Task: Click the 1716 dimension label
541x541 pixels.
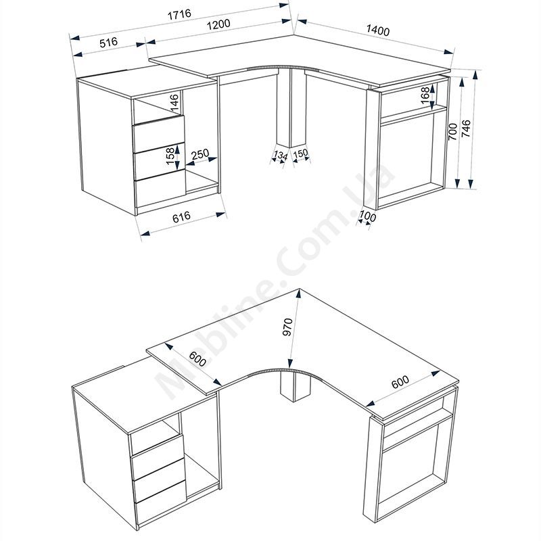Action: click(x=179, y=14)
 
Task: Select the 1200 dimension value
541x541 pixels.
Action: click(x=218, y=24)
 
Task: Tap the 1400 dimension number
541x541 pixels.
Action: click(x=378, y=30)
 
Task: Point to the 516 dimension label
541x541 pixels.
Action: click(x=109, y=43)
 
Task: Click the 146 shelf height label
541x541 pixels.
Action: click(x=174, y=103)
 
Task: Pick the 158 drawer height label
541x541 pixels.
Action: click(x=171, y=156)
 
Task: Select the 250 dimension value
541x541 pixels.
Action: click(x=200, y=154)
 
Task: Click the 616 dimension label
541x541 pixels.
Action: click(x=181, y=216)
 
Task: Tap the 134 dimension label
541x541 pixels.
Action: click(x=280, y=156)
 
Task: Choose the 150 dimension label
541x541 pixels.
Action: click(x=300, y=154)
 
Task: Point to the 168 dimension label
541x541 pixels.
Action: click(x=425, y=95)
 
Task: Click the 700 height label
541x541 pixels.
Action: click(x=452, y=132)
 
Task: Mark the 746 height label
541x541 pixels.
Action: click(x=466, y=128)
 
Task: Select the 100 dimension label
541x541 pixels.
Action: click(x=367, y=216)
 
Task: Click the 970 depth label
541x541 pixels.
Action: click(x=287, y=327)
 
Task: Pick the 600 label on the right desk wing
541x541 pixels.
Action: click(x=400, y=381)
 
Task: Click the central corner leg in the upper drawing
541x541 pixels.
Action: click(x=291, y=108)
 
